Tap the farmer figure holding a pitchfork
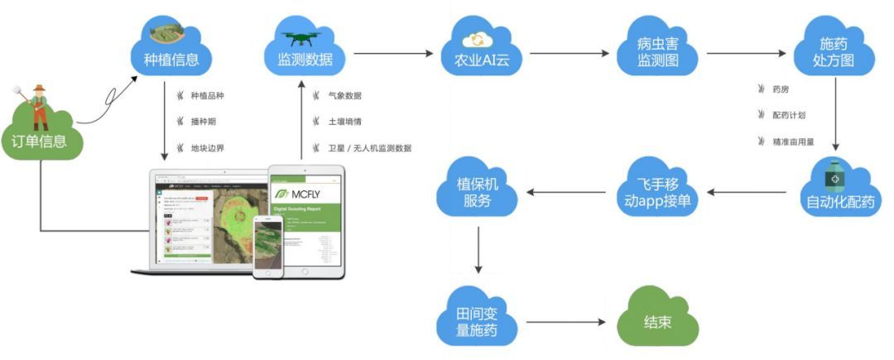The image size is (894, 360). click(38, 103)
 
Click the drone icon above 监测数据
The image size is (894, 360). click(299, 37)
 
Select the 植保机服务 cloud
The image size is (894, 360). click(478, 192)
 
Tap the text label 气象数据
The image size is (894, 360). click(345, 96)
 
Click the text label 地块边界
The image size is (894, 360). click(207, 149)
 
